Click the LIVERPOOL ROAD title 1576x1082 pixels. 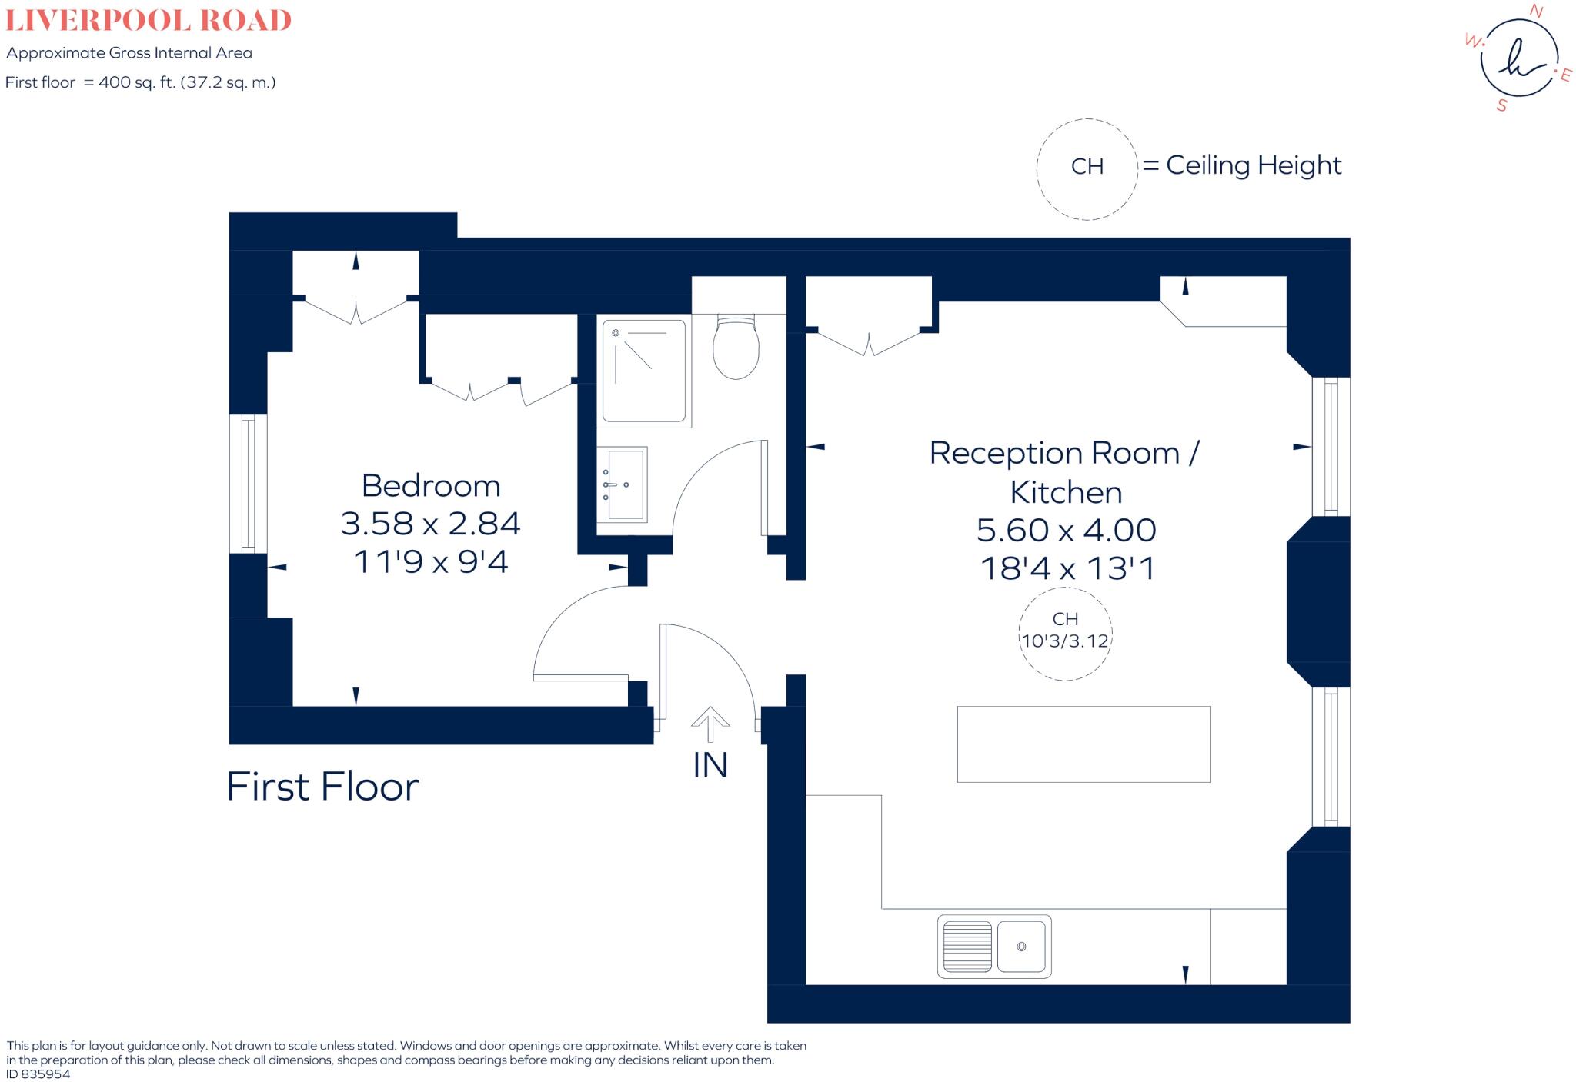pos(149,21)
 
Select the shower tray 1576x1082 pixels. pos(643,371)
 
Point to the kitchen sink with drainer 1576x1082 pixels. pos(993,947)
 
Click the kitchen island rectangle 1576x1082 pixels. pos(1083,744)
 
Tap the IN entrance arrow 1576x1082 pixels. pos(710,724)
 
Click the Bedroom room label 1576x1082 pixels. pos(431,486)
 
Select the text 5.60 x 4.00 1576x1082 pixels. pos(1066,531)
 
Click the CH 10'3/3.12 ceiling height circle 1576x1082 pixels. pos(1065,634)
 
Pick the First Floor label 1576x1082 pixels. pos(322,787)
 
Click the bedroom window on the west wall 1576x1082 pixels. pos(248,484)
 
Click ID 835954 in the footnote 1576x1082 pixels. pos(38,1074)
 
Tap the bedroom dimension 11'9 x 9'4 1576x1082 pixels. pos(431,562)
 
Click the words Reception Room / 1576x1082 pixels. pos(1064,453)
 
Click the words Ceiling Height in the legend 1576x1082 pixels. pos(1254,165)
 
